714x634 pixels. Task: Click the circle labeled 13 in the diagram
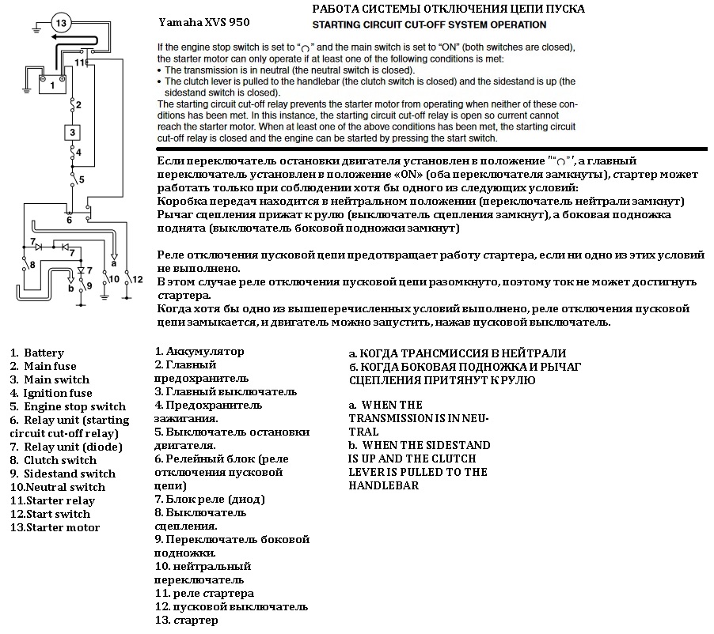coord(63,23)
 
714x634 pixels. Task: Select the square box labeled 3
coord(72,132)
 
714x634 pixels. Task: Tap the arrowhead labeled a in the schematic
coord(114,255)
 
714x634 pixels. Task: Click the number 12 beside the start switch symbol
coord(138,279)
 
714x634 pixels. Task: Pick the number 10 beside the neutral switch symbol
coord(113,279)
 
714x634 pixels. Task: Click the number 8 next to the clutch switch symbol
coord(32,264)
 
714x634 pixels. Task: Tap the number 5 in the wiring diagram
coord(81,180)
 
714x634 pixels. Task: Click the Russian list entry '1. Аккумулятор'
coord(199,351)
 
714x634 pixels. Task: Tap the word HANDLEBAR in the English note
coord(383,485)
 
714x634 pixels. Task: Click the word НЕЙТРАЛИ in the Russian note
coord(530,353)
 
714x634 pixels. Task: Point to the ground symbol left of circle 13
coord(36,29)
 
